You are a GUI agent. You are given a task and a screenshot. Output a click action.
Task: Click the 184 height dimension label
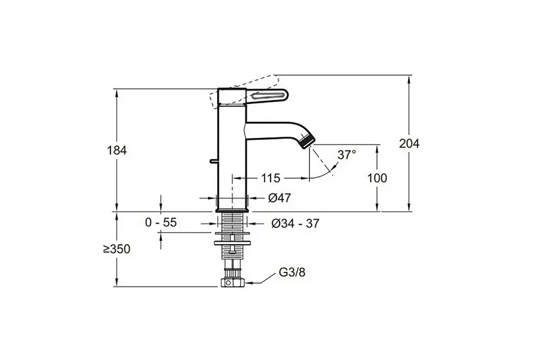(x=117, y=150)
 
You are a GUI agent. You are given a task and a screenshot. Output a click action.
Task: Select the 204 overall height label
(x=409, y=143)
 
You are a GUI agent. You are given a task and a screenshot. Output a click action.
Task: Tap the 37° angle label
(x=346, y=155)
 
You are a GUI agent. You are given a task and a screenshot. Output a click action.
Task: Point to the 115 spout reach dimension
(x=271, y=178)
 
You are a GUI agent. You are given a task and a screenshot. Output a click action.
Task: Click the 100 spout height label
(x=377, y=178)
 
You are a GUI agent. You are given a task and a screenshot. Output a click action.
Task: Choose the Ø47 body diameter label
(x=279, y=198)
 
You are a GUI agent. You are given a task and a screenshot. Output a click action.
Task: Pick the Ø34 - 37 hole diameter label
(x=295, y=223)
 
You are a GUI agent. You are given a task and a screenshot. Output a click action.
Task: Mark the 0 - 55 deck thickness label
(x=161, y=223)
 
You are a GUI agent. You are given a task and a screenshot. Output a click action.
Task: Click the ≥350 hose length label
(x=117, y=249)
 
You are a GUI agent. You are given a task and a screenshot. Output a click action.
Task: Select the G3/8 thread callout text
(x=292, y=272)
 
